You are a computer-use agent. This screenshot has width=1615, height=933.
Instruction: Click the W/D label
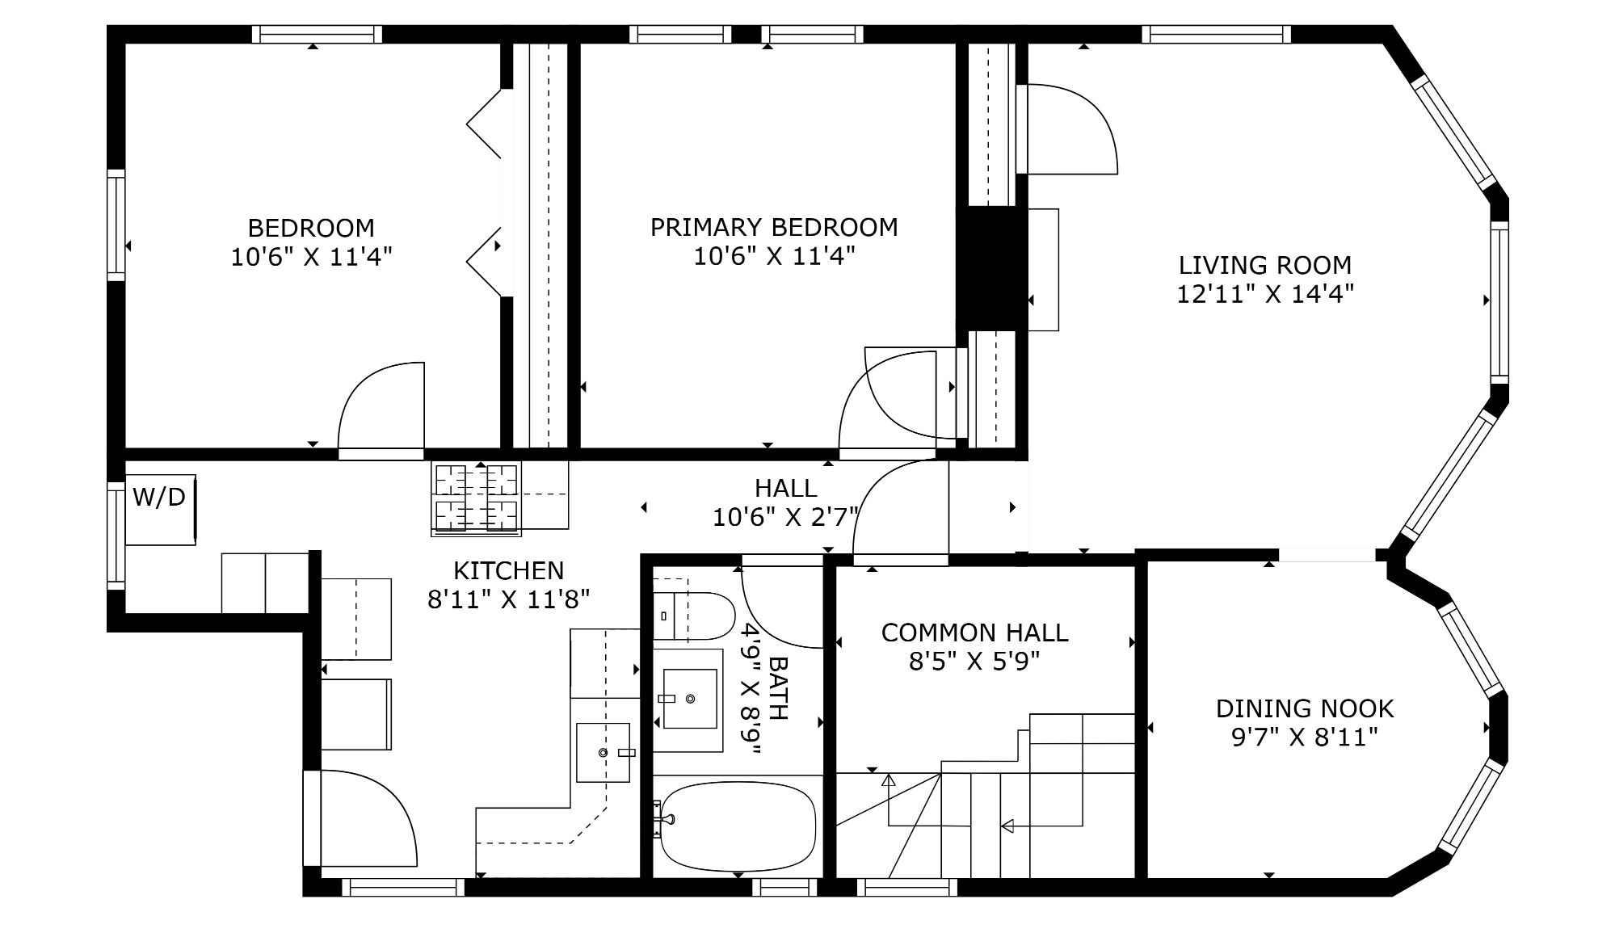[x=158, y=497]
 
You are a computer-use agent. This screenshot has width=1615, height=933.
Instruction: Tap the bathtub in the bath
[x=738, y=826]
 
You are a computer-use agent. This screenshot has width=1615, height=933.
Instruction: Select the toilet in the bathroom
[x=692, y=616]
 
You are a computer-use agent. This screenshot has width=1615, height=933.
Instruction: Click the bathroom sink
[x=689, y=699]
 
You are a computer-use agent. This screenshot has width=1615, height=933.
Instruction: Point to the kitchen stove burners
[x=476, y=498]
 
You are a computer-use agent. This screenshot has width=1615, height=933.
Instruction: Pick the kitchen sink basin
[x=603, y=752]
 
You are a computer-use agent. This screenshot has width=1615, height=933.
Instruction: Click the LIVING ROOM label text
[x=1264, y=265]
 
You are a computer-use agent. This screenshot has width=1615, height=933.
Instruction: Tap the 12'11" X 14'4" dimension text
[x=1264, y=294]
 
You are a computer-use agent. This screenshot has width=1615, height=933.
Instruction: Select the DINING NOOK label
[x=1305, y=708]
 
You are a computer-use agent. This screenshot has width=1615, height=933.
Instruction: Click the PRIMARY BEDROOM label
[x=774, y=227]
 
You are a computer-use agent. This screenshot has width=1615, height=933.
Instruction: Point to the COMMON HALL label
[x=974, y=633]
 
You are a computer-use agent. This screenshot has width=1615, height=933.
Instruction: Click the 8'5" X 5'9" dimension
[x=974, y=662]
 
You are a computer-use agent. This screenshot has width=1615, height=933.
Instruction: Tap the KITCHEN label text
[x=508, y=570]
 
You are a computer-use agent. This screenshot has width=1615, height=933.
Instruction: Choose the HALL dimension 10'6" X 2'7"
[x=785, y=517]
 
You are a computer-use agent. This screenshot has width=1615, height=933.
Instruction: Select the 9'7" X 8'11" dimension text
[x=1305, y=738]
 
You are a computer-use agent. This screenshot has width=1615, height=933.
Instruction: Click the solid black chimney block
[x=991, y=268]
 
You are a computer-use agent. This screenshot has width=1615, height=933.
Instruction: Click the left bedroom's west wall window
[x=117, y=225]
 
